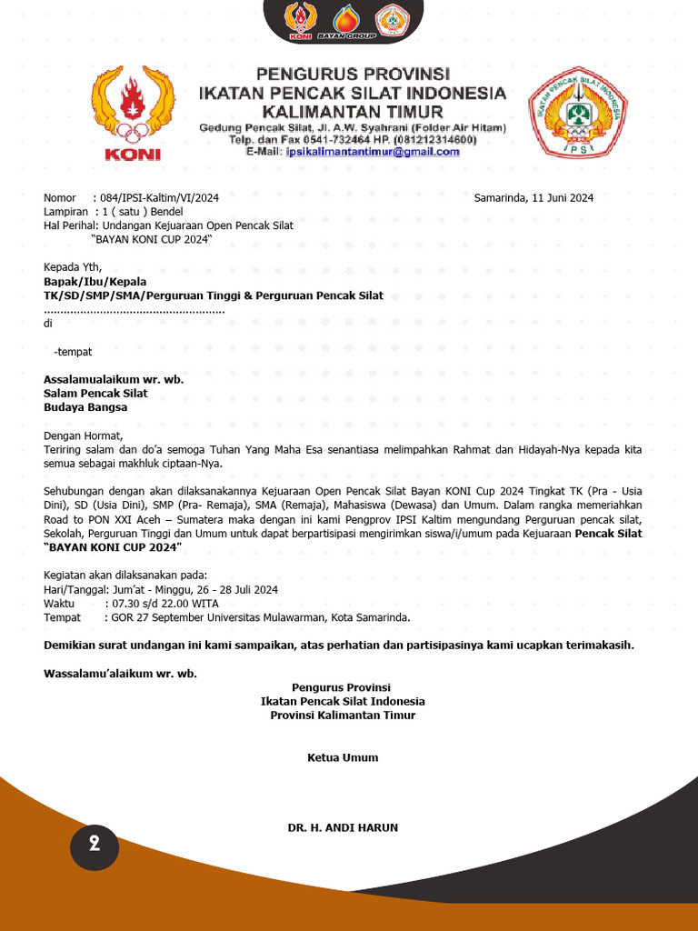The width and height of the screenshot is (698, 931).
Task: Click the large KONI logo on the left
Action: (133, 113)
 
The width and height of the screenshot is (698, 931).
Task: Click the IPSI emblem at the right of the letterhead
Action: (577, 113)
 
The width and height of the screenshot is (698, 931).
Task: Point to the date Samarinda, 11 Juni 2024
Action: (533, 197)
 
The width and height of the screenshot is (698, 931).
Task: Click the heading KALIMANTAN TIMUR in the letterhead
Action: (347, 111)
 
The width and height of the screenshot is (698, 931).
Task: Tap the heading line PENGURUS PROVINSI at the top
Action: (352, 74)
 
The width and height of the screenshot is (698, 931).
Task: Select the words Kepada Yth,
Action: (74, 267)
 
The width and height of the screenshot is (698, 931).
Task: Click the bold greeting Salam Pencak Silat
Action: (95, 393)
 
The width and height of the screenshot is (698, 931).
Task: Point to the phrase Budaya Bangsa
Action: (85, 407)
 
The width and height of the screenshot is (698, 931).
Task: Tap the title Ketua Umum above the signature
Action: (343, 757)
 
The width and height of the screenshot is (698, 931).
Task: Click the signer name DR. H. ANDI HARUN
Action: (343, 827)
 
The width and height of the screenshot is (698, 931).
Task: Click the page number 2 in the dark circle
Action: (95, 844)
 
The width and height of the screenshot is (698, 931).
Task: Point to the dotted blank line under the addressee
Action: (135, 310)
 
